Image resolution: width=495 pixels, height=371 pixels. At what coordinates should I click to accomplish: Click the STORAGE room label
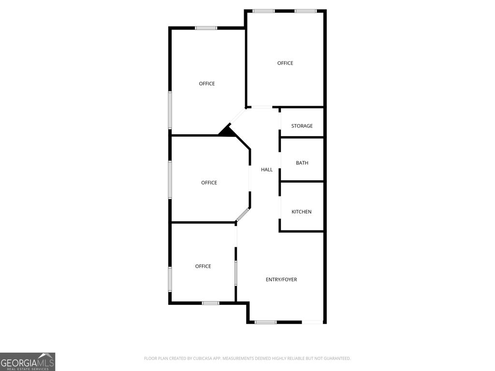pos(302,126)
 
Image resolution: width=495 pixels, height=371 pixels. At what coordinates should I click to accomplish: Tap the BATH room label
pos(302,163)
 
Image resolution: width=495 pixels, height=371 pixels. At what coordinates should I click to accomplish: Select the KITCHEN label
pos(301,212)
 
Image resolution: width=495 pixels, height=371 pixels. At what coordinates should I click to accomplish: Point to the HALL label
pos(267,170)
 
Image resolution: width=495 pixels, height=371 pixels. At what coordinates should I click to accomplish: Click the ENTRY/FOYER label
pos(281,280)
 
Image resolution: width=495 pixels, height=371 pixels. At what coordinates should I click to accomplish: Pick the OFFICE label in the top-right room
pos(285,63)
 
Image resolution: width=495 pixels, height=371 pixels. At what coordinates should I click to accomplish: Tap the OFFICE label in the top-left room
pos(207,84)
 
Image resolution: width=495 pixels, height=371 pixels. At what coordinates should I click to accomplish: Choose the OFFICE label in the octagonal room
pos(209,183)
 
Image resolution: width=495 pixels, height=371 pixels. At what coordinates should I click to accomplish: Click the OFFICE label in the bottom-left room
pos(203,267)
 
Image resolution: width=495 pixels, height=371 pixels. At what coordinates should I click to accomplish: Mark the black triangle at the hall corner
pos(226,131)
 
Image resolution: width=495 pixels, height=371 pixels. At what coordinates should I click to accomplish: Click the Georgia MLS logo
pos(28,361)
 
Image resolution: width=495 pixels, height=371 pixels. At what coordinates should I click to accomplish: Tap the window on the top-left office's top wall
pos(206,28)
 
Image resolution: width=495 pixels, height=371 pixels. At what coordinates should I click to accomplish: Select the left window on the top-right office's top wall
pos(264,11)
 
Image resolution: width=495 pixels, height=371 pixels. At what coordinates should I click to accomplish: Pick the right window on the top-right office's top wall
pos(306,11)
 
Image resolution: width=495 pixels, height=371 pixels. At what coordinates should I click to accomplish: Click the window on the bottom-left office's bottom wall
pos(210,303)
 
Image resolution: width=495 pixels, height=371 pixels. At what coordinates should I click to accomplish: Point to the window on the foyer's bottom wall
pos(265,322)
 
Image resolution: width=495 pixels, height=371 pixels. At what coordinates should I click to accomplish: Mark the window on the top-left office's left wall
pos(170,110)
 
